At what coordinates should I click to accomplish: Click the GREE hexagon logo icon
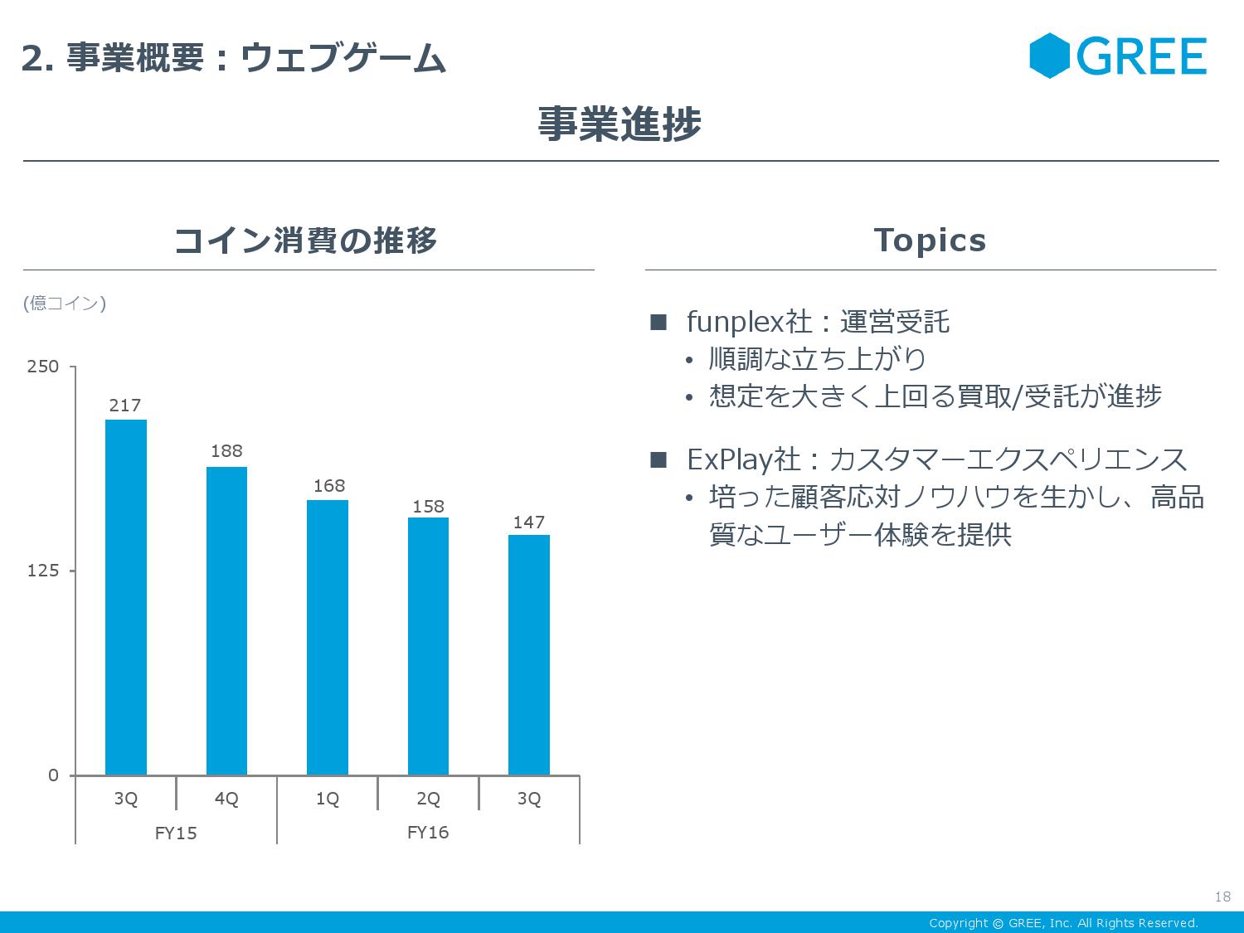1050,56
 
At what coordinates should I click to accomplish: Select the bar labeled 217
126,597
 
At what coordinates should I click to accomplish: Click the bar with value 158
428,646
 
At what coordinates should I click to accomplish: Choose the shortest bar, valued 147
529,654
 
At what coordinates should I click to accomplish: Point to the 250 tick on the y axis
43,367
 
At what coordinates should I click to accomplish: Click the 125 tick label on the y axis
43,571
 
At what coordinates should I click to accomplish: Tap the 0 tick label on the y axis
53,775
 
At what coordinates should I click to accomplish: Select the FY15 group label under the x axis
176,833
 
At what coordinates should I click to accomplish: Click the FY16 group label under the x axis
428,833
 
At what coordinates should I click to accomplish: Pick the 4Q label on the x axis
226,799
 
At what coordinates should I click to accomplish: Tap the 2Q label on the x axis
428,799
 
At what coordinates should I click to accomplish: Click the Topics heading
930,241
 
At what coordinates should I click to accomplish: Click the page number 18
1222,897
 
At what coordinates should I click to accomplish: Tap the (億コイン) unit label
65,304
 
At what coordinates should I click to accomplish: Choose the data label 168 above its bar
328,486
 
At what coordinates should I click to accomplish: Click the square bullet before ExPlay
658,459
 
